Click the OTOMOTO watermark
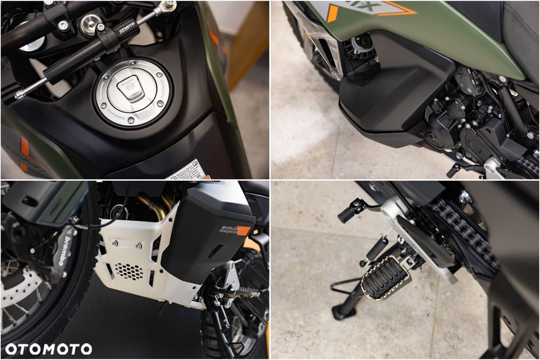click(x=49, y=349)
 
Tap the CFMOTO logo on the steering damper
click(x=126, y=28)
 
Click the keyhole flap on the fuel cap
click(x=131, y=89)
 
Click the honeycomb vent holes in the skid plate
click(x=129, y=270)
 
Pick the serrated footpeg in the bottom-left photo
click(x=246, y=292)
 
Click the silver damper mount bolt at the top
click(x=169, y=6)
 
